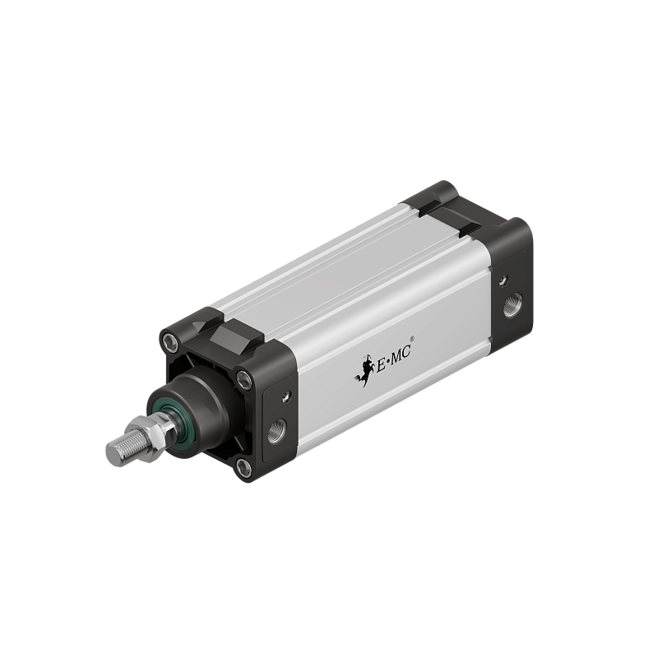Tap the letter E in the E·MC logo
[378, 363]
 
